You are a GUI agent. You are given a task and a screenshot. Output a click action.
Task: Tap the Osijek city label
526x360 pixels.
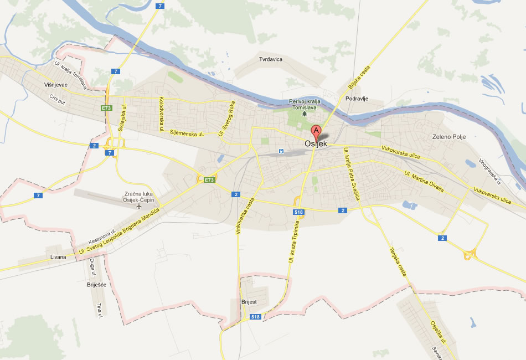tap(316, 144)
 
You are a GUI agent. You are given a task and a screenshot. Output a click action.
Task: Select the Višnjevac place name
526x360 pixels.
tap(55, 86)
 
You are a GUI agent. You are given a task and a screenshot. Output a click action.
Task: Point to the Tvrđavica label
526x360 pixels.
tap(271, 59)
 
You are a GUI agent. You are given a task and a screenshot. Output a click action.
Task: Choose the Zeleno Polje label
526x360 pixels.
tap(449, 137)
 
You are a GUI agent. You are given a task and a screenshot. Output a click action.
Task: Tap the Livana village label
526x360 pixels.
tap(58, 257)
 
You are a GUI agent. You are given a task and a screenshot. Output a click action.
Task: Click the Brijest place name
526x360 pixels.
tap(249, 302)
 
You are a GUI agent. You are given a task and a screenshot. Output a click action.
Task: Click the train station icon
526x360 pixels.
tap(281, 151)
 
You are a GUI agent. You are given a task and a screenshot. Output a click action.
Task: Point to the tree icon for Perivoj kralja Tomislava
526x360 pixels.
tap(303, 114)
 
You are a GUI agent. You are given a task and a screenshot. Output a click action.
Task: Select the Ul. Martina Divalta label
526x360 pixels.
tap(424, 182)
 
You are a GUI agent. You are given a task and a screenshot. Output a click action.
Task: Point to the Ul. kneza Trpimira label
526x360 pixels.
tap(294, 241)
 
